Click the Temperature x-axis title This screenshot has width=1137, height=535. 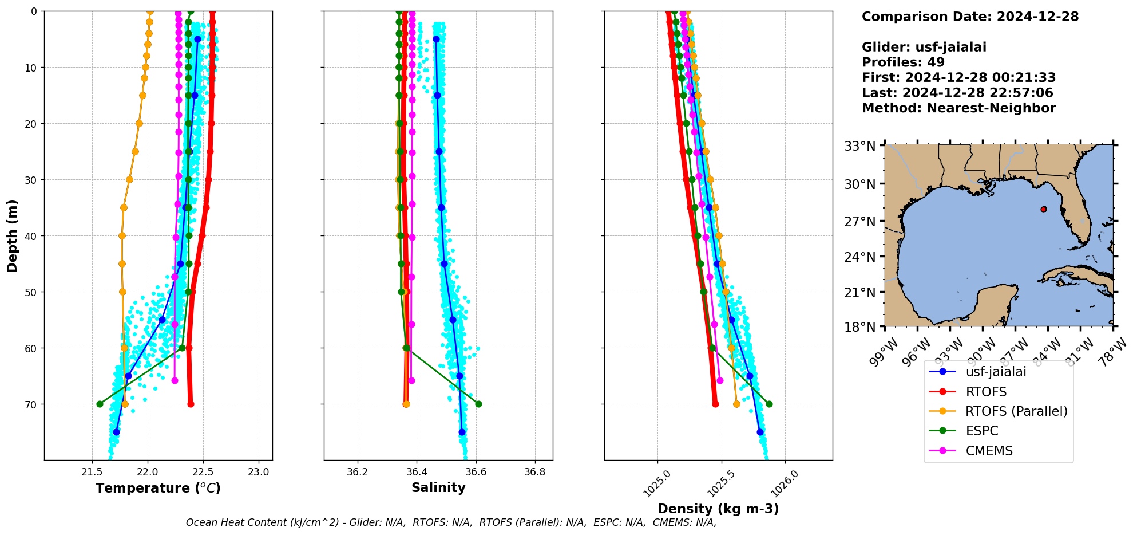click(158, 488)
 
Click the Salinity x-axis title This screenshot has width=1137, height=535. click(438, 487)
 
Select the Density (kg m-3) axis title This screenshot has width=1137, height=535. click(718, 509)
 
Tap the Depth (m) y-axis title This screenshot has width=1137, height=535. click(13, 235)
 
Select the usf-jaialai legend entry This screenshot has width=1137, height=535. click(996, 372)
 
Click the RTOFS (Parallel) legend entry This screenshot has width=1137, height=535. click(1016, 411)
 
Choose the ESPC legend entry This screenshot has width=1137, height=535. click(982, 431)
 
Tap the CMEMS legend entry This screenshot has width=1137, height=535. click(989, 451)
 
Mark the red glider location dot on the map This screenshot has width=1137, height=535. click(1044, 209)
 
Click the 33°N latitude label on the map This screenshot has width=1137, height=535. click(860, 146)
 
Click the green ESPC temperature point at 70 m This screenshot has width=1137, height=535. click(100, 404)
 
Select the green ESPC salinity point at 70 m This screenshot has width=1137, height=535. click(478, 404)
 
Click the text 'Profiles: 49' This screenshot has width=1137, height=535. click(903, 62)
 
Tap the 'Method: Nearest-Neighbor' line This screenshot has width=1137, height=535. click(958, 108)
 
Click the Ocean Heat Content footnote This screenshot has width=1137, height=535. click(451, 522)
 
